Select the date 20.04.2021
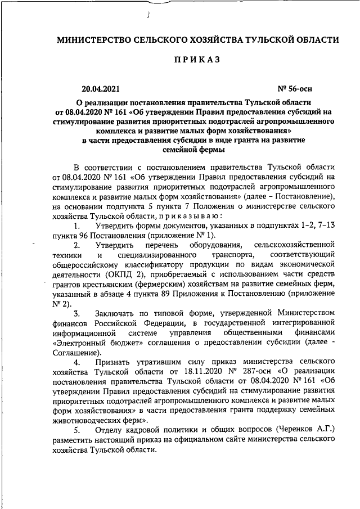[x=100, y=88]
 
